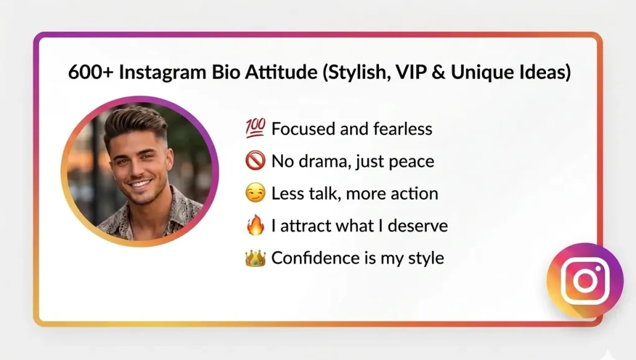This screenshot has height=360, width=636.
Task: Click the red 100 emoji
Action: click(x=255, y=129)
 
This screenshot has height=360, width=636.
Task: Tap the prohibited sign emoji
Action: click(x=255, y=161)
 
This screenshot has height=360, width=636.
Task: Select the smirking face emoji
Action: click(x=255, y=193)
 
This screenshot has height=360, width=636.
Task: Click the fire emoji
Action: click(x=255, y=225)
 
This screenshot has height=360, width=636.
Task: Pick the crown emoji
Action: click(x=255, y=258)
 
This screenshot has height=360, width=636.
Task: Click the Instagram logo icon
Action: click(x=584, y=281)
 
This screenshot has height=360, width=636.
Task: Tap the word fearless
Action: click(x=402, y=129)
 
